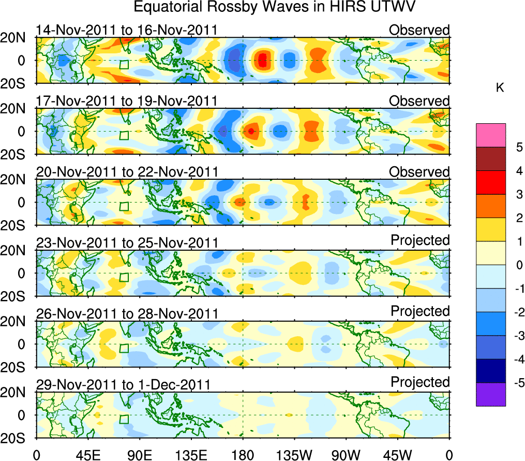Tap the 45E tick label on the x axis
(x=87, y=454)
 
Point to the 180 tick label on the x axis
(x=243, y=454)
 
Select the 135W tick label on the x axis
(x=294, y=454)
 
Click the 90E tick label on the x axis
(x=139, y=454)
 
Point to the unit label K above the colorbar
(x=500, y=88)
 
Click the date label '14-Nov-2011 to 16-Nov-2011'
(x=127, y=30)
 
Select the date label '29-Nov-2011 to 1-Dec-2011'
(x=123, y=384)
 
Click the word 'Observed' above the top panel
(x=419, y=30)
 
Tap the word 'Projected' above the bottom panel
(x=420, y=382)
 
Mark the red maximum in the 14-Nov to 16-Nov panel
(x=262, y=60)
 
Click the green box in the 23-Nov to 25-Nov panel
(x=124, y=277)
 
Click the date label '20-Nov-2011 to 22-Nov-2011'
(x=127, y=171)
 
